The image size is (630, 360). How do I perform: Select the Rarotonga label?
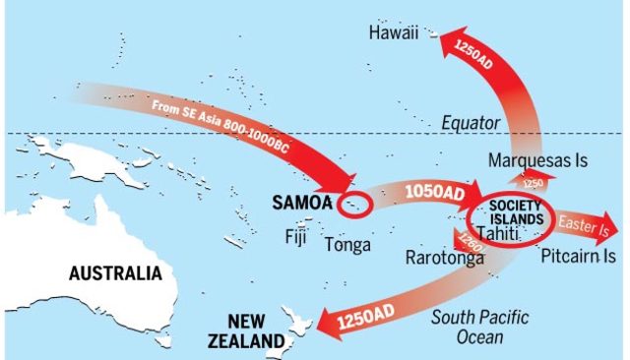tap(445, 258)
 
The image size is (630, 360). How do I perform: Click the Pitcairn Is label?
tap(579, 256)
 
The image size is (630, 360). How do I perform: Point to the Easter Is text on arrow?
tap(585, 225)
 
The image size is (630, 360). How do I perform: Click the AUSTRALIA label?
tap(114, 272)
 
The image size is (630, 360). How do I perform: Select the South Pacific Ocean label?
tap(480, 327)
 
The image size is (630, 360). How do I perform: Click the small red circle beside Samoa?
tap(352, 207)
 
